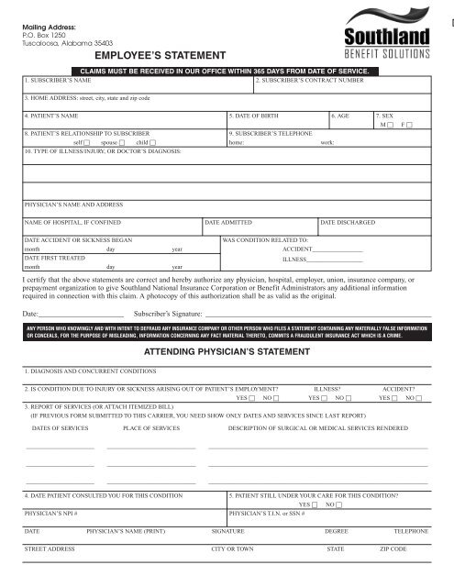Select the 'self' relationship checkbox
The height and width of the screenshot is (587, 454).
coord(94,143)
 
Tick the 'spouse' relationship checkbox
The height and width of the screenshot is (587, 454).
coord(122,143)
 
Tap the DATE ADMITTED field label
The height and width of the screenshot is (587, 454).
coord(227,223)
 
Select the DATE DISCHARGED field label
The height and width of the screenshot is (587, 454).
coord(348,223)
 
